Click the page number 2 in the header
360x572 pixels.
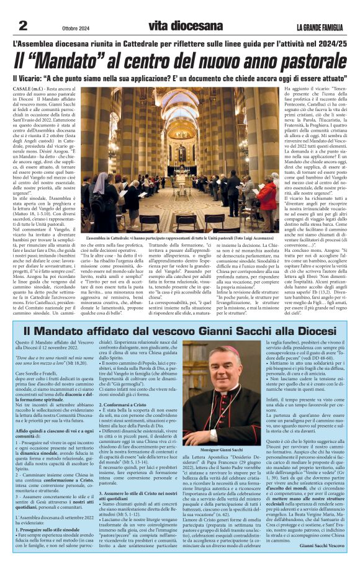pos(23,25)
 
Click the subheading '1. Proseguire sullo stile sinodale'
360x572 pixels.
pos(47,530)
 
